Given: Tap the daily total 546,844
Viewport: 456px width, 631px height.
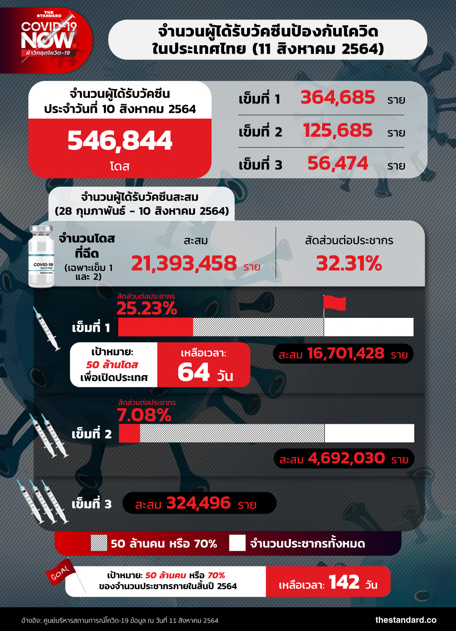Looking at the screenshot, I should [120, 141].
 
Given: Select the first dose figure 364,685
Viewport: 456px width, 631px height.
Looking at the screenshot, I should [337, 97].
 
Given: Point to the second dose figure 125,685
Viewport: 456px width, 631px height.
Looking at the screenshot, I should [338, 130].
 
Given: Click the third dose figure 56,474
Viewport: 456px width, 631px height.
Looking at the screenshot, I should [338, 163].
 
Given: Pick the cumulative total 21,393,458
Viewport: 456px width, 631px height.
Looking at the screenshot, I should [184, 263].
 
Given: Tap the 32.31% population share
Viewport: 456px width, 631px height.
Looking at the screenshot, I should [349, 263].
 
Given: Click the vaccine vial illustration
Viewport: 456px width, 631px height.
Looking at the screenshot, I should [41, 257].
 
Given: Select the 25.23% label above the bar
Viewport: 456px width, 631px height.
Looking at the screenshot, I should [147, 309].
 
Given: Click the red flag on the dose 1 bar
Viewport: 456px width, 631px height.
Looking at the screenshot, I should [334, 303].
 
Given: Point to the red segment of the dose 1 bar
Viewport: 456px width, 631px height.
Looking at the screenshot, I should [155, 327].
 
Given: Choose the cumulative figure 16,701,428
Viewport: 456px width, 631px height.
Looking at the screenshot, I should [345, 353].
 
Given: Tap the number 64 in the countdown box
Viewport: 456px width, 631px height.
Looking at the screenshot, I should [194, 372].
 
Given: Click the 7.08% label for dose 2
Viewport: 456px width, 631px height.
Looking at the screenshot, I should [144, 415].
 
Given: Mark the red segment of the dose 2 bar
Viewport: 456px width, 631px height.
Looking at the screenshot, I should [129, 433].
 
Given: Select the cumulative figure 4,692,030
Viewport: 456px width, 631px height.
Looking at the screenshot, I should [346, 458].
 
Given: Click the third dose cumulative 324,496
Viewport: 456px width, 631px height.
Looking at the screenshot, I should [198, 503].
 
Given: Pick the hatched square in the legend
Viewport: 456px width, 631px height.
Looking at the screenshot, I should [99, 543].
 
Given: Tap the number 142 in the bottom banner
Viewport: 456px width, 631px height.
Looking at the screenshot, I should [344, 582].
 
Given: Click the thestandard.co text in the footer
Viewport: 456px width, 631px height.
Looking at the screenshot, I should [406, 620].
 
